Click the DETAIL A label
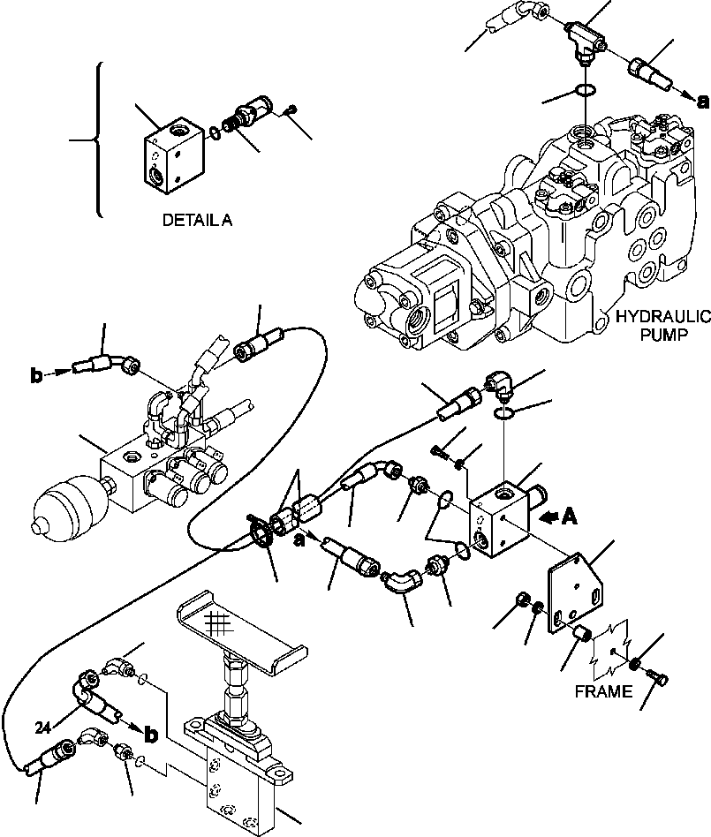click(197, 222)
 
